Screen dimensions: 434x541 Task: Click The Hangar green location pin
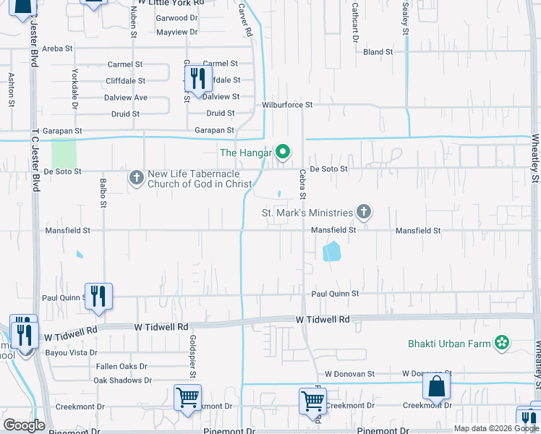point(284,152)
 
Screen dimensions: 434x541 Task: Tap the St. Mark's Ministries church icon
point(364,212)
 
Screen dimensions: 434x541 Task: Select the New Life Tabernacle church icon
point(136,177)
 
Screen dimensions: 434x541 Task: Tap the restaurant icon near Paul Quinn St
point(98,296)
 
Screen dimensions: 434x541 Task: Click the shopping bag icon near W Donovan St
point(437,387)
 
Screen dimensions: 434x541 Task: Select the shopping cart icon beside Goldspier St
point(188,397)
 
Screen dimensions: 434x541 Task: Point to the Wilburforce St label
point(287,105)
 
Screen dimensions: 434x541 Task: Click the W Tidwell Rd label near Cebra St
point(323,319)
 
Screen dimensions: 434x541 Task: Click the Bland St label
point(378,52)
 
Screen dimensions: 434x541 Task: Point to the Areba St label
point(58,48)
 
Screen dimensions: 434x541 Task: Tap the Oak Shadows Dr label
point(122,380)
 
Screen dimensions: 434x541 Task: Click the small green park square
point(64,153)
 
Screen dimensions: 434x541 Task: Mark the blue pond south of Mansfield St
point(331,251)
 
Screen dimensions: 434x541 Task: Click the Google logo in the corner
point(24,425)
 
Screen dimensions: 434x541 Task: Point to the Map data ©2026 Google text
point(495,428)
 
